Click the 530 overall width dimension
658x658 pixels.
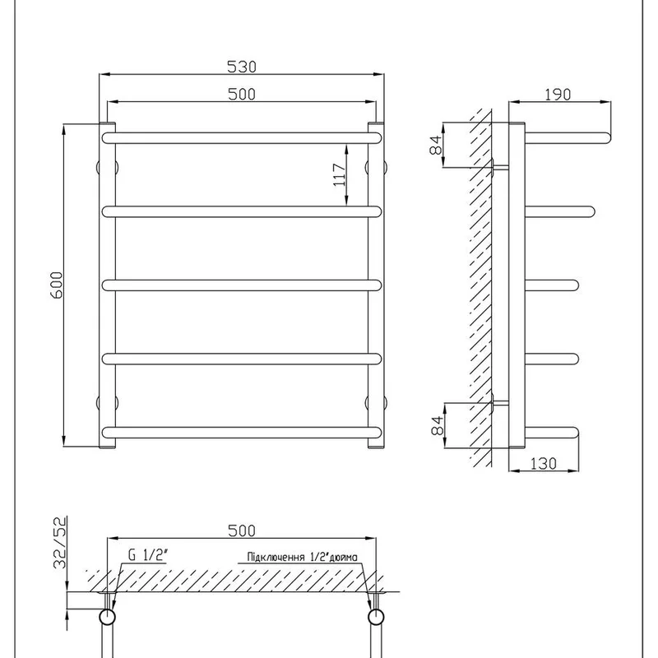241,67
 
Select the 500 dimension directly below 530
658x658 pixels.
241,94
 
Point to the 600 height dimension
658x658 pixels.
56,285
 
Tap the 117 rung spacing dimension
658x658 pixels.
339,175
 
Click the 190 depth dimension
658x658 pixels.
558,95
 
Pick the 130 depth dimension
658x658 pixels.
544,464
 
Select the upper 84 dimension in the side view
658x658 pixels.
436,145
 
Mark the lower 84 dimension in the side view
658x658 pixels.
437,425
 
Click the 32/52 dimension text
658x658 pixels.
59,542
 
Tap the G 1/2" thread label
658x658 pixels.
147,555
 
